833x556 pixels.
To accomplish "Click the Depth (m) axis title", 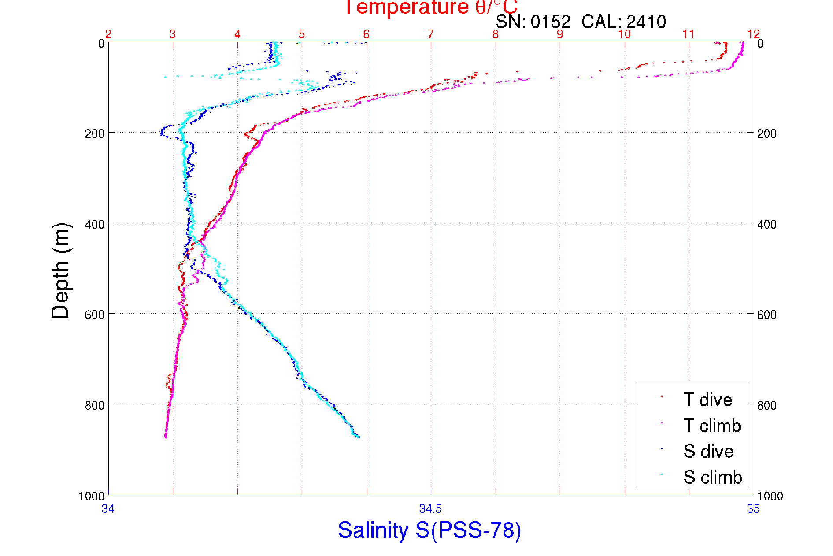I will point(61,271).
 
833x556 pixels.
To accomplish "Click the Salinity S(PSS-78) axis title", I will point(429,530).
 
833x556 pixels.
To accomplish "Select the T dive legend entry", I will point(707,400).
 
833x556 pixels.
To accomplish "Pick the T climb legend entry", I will point(712,426).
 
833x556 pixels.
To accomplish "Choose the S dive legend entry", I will point(708,451).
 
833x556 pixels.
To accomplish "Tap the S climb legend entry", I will point(713,477).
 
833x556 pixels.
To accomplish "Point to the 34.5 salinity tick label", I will point(430,509).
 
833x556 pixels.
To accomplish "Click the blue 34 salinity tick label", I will point(108,509).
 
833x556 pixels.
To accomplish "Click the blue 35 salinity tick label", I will point(753,509).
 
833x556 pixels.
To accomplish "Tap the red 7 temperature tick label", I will point(431,34).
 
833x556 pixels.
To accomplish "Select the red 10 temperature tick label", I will point(624,34).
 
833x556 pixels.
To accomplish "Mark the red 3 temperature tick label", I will point(173,34).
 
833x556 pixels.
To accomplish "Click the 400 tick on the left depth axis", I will point(94,224).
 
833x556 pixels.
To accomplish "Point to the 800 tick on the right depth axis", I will point(767,405).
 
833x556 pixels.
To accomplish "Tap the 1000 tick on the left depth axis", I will point(92,496).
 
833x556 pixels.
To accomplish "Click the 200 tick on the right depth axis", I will point(767,133).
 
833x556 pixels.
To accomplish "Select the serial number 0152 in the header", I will point(550,22).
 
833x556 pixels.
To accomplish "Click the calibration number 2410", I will point(646,22).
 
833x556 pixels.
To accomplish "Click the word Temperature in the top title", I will point(406,7).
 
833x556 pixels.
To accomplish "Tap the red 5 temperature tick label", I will point(302,34).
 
